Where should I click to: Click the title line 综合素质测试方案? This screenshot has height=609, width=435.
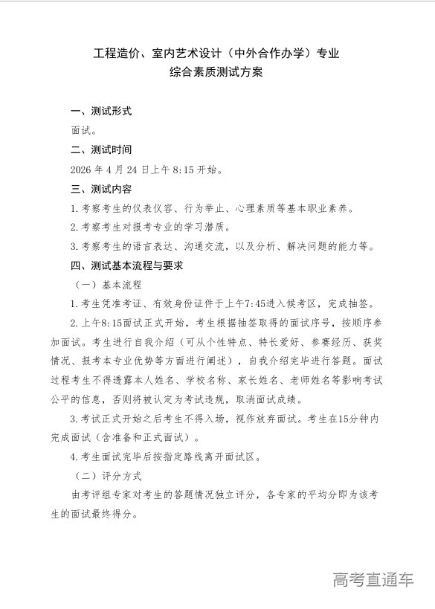[217, 74]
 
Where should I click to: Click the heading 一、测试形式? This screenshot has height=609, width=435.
[101, 112]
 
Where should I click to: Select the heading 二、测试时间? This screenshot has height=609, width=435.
[101, 149]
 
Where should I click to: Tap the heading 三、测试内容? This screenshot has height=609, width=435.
[101, 189]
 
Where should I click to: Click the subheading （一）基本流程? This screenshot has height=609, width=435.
[108, 284]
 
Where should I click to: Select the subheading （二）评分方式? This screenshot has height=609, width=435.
[108, 474]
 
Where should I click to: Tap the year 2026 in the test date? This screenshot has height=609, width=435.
[81, 170]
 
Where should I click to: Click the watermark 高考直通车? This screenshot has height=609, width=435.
[373, 580]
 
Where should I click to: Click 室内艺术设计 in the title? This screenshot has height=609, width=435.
[187, 54]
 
